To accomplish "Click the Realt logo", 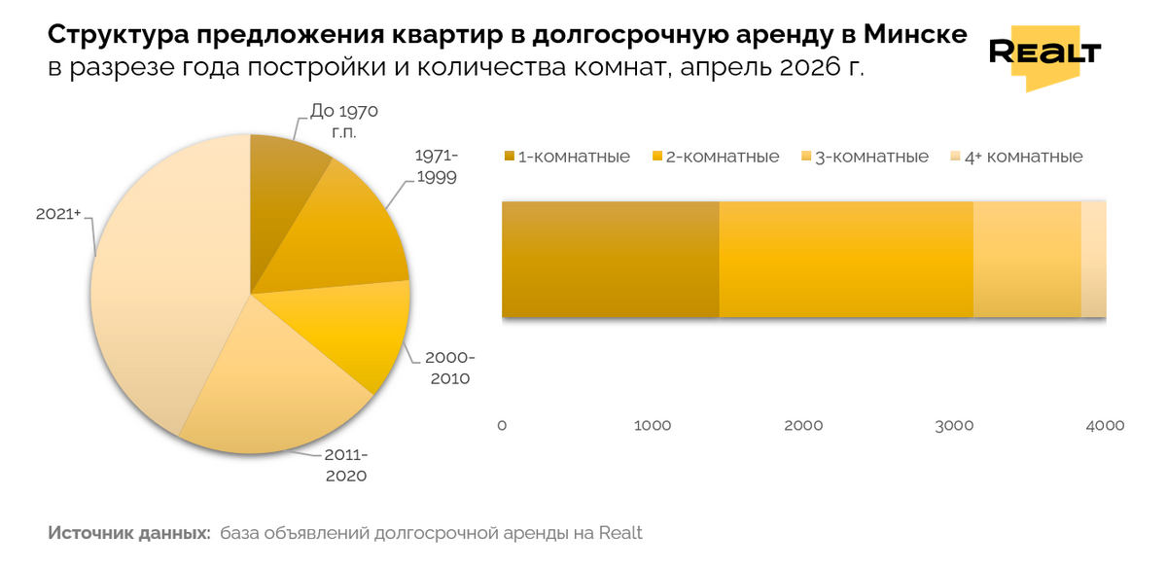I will [1043, 55].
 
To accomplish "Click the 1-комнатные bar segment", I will [610, 260].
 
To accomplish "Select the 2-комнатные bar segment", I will [846, 260].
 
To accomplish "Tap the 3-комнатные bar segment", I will [1027, 260].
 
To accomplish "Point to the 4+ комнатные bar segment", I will [1093, 260].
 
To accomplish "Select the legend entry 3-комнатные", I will [866, 157].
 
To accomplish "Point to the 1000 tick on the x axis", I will [653, 426].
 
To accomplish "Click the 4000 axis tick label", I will [1106, 426].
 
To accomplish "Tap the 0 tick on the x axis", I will [502, 426].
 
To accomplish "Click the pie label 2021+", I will [58, 213].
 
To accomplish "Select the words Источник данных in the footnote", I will [128, 534].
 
